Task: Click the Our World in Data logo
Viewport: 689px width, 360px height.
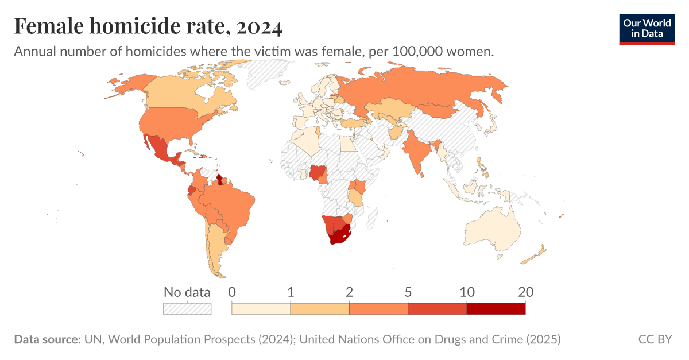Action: [647, 28]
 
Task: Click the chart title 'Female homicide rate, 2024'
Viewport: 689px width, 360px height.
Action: [148, 26]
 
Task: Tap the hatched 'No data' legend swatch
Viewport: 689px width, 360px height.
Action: [187, 309]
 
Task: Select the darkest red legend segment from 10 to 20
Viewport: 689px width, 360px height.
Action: [496, 309]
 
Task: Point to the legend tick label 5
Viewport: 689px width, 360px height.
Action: [408, 292]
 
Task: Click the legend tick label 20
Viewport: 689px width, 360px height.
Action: [525, 292]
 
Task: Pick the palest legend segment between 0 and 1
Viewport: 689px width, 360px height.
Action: [261, 309]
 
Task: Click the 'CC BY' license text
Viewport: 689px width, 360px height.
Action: [655, 339]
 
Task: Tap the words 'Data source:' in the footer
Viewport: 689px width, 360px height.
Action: [47, 339]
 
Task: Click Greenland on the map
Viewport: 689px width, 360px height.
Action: [267, 75]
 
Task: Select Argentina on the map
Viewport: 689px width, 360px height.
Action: [217, 247]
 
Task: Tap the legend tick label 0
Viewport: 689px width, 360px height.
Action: [232, 292]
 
